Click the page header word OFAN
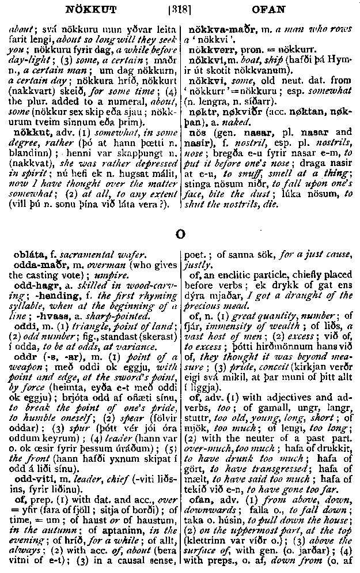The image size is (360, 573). coord(269,9)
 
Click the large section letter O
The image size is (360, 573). coord(180,234)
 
